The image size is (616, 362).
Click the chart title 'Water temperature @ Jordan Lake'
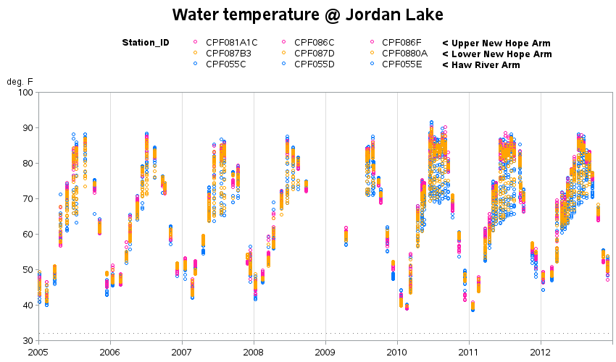pyautogui.click(x=307, y=14)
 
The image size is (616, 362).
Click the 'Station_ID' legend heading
pyautogui.click(x=146, y=43)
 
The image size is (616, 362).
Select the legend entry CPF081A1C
pyautogui.click(x=231, y=43)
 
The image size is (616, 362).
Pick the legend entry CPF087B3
pyautogui.click(x=228, y=54)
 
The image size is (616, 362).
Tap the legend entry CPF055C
pyautogui.click(x=225, y=64)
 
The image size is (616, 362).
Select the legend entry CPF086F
pyautogui.click(x=401, y=43)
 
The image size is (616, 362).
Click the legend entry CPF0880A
pyautogui.click(x=404, y=54)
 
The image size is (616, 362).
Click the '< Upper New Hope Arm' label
pyautogui.click(x=496, y=43)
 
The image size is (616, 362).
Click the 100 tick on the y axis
pyautogui.click(x=25, y=92)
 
